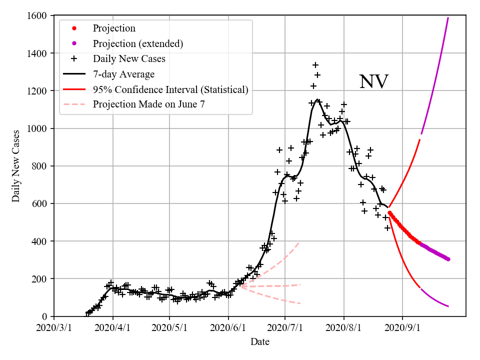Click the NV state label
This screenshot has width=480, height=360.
(x=373, y=81)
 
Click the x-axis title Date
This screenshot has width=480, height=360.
(x=260, y=342)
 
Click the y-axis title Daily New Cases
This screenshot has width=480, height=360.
(x=16, y=166)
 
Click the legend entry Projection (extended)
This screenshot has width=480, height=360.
(x=138, y=44)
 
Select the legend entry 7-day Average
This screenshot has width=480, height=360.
(x=123, y=74)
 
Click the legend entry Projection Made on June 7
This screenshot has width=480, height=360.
(x=148, y=104)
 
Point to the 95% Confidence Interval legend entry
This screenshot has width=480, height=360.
(x=170, y=89)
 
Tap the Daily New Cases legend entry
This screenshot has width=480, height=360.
(x=129, y=59)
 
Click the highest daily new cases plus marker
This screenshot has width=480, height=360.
(x=315, y=65)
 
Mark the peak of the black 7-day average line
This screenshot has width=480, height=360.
(x=317, y=99)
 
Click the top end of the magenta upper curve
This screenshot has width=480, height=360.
(x=448, y=18)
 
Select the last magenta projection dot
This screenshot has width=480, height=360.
(x=448, y=259)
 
